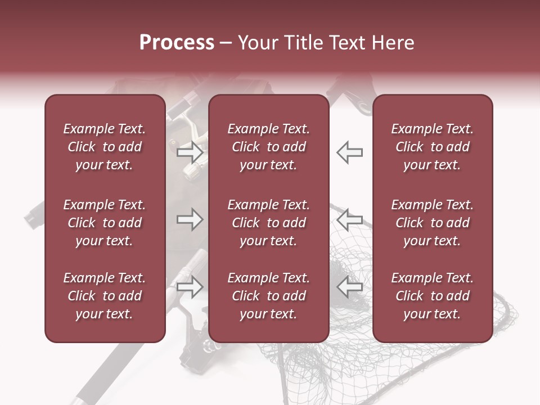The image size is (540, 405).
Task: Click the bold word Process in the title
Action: click(x=177, y=43)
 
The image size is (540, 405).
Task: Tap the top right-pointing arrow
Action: click(x=190, y=152)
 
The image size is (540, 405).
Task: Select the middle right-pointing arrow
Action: click(x=190, y=219)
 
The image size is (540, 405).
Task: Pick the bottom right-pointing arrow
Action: click(x=190, y=287)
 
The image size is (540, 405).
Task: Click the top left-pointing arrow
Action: click(x=349, y=152)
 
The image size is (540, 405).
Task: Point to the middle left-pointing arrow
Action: click(x=349, y=219)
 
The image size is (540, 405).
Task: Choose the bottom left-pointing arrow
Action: click(x=349, y=287)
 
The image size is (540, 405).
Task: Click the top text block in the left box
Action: click(x=105, y=147)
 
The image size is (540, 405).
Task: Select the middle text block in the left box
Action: click(x=105, y=223)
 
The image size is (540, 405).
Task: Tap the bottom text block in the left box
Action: click(x=105, y=296)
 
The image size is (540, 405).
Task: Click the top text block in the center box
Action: click(x=268, y=147)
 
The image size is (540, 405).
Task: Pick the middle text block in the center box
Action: click(x=268, y=223)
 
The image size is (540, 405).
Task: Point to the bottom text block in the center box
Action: click(x=268, y=296)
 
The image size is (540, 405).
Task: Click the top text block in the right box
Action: click(x=432, y=147)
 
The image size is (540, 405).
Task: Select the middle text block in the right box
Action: click(x=432, y=223)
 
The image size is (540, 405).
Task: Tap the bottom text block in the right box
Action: click(x=432, y=296)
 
